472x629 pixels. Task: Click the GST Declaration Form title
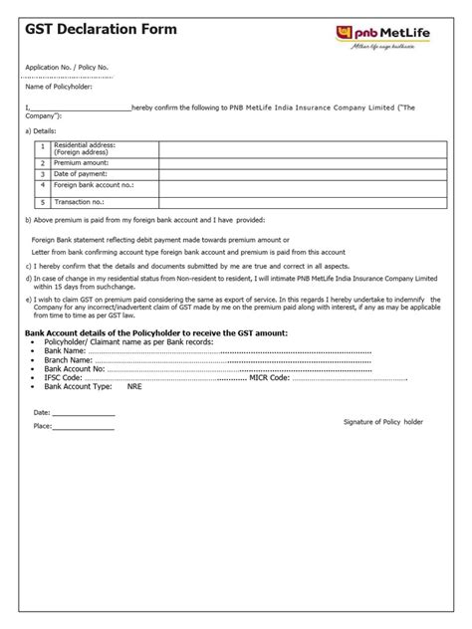102,30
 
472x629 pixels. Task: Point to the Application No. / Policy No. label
66,67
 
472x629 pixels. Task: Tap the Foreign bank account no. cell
93,184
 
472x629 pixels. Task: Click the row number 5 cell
43,200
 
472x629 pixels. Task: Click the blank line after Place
84,429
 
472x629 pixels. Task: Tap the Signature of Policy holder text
383,422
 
